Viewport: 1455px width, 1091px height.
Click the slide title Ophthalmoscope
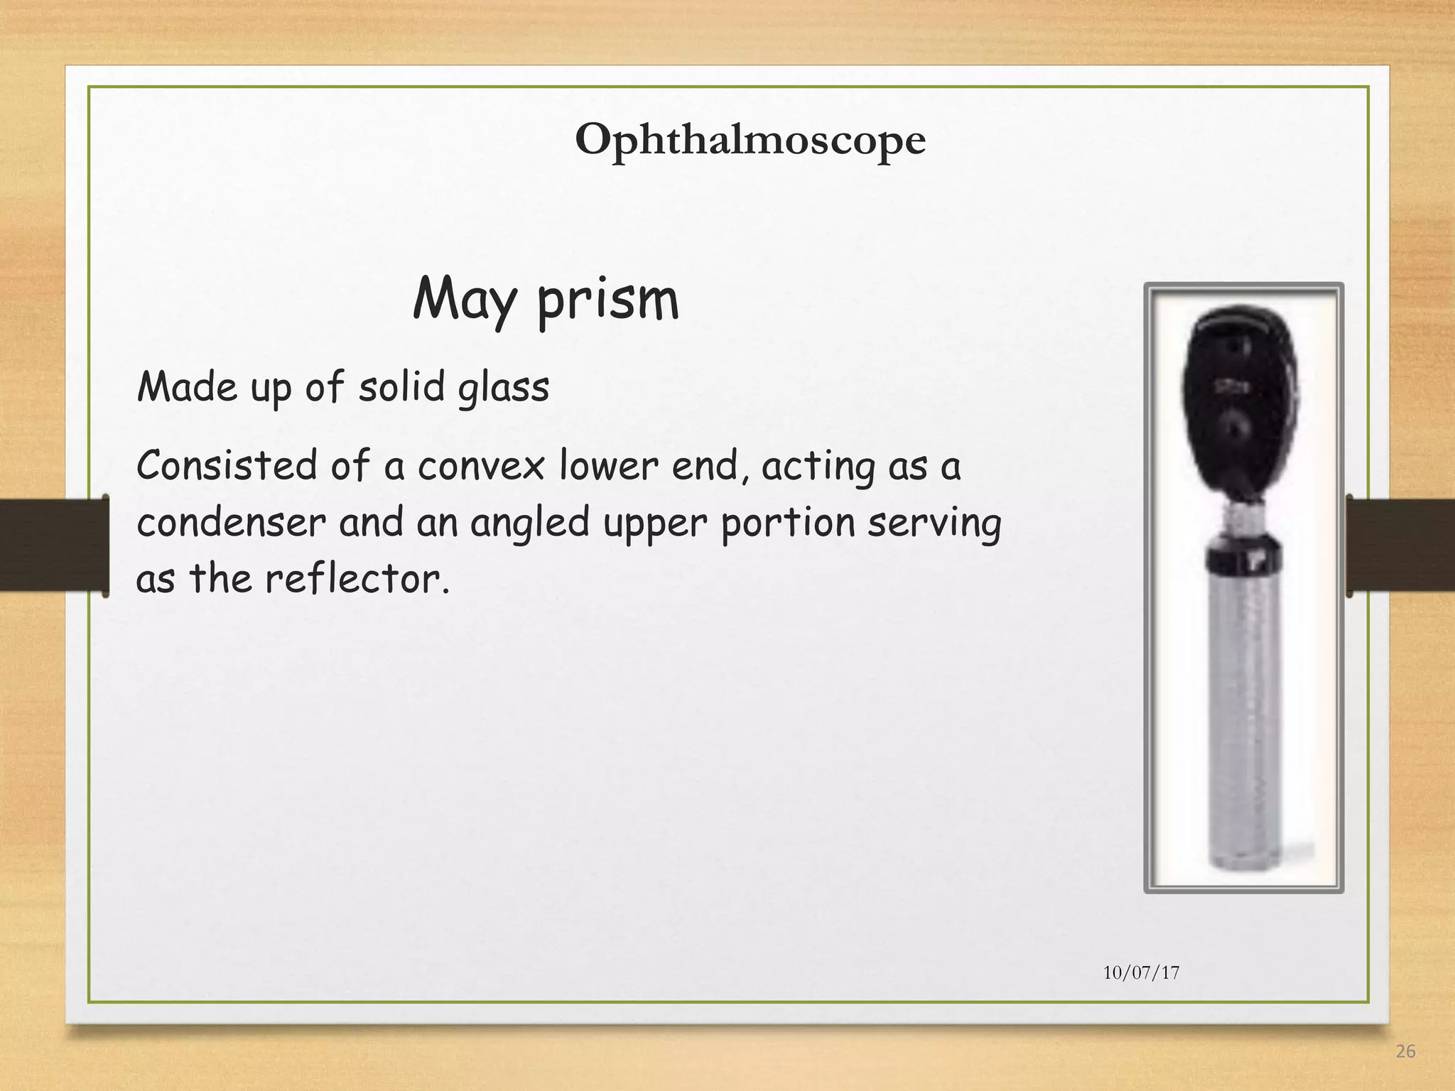(x=750, y=139)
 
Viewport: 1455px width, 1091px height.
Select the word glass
(x=504, y=389)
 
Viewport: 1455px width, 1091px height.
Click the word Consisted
(x=227, y=466)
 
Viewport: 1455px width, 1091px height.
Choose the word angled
(x=530, y=523)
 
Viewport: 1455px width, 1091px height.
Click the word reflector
(x=357, y=579)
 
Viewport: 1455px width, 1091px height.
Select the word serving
(x=934, y=523)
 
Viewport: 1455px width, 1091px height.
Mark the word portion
(x=789, y=523)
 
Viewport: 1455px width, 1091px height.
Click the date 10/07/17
(x=1141, y=972)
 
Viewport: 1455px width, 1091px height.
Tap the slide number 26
(x=1405, y=1051)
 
